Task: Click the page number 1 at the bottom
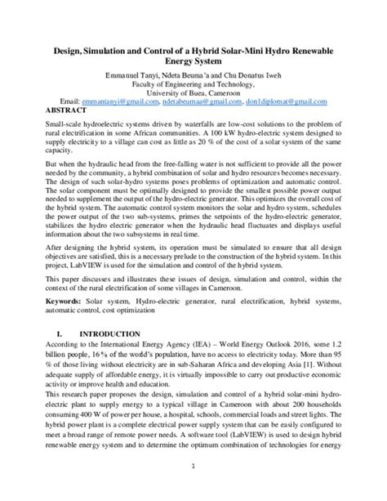click(x=193, y=489)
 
